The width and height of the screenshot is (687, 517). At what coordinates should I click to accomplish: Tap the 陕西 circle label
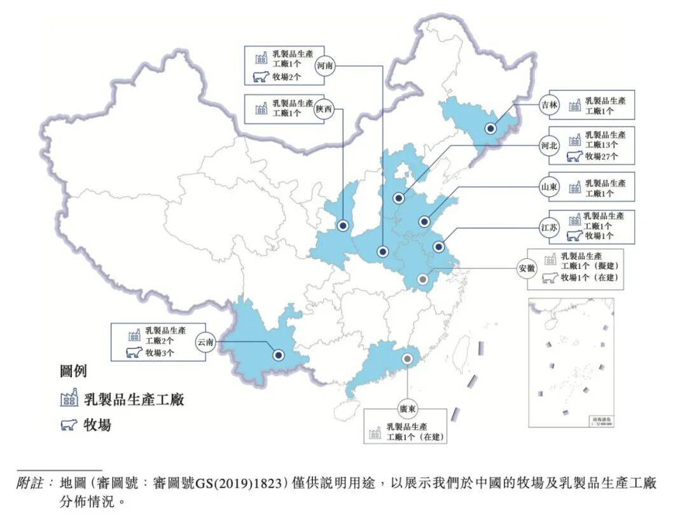point(324,109)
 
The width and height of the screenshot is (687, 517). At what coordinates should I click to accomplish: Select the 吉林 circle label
point(549,105)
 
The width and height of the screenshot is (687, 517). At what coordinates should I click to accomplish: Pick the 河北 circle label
point(549,146)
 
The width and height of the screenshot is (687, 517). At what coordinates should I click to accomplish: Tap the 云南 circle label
point(205,342)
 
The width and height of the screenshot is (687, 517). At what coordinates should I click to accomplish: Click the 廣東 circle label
point(408,408)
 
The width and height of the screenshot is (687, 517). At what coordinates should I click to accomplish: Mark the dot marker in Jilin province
point(490,128)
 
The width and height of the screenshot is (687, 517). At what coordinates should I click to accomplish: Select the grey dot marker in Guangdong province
point(408,359)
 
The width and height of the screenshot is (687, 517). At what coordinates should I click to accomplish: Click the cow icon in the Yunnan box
point(134,352)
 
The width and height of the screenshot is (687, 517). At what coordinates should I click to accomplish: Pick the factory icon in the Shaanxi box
point(261,108)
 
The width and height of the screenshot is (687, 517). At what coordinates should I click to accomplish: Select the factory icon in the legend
point(69,399)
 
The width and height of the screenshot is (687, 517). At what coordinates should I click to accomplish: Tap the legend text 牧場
point(97,425)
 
